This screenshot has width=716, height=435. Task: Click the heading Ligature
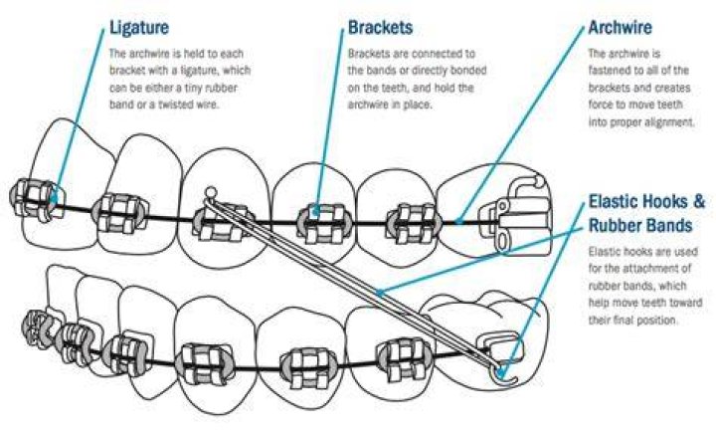pyautogui.click(x=139, y=28)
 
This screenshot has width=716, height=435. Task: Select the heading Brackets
pyautogui.click(x=380, y=28)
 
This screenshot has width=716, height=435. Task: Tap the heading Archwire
pyautogui.click(x=621, y=28)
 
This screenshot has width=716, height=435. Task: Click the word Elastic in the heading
pyautogui.click(x=616, y=201)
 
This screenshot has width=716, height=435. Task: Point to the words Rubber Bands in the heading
pyautogui.click(x=640, y=225)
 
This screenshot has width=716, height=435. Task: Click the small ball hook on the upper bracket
pyautogui.click(x=211, y=192)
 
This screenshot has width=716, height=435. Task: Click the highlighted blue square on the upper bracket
pyautogui.click(x=315, y=211)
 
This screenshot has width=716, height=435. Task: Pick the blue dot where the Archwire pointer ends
pyautogui.click(x=458, y=222)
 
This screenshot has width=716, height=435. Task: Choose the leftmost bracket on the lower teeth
pyautogui.click(x=38, y=323)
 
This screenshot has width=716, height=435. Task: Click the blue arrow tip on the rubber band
pyautogui.click(x=379, y=293)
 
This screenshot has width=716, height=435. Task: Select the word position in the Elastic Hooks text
pyautogui.click(x=654, y=321)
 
